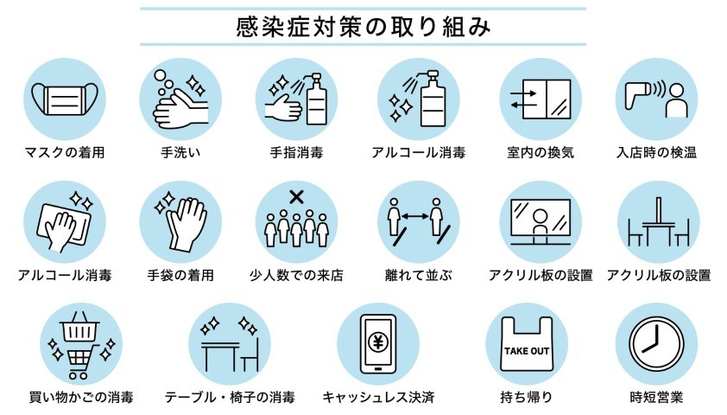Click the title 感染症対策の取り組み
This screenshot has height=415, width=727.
pyautogui.click(x=363, y=27)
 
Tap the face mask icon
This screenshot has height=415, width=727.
pyautogui.click(x=65, y=99)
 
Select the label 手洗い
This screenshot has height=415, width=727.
pyautogui.click(x=180, y=153)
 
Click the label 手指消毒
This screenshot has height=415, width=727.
pyautogui.click(x=296, y=153)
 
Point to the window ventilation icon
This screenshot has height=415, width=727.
pyautogui.click(x=541, y=99)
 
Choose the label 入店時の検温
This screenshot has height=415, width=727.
pyautogui.click(x=656, y=153)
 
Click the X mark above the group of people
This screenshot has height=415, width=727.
pyautogui.click(x=296, y=197)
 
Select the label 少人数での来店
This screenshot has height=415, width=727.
pyautogui.click(x=296, y=275)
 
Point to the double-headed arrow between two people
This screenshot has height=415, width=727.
pyautogui.click(x=415, y=216)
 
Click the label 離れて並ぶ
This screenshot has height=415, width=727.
pyautogui.click(x=419, y=275)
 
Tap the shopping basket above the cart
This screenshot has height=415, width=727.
pyautogui.click(x=80, y=327)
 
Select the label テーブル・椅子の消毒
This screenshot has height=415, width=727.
pyautogui.click(x=230, y=398)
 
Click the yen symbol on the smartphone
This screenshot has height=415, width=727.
pyautogui.click(x=378, y=343)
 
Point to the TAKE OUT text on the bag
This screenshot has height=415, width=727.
pyautogui.click(x=527, y=351)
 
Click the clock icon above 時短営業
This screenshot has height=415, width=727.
pyautogui.click(x=656, y=344)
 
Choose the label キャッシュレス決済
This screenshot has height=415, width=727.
pyautogui.click(x=378, y=398)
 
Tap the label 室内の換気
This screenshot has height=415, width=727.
pyautogui.click(x=541, y=153)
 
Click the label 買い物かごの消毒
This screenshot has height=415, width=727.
pyautogui.click(x=81, y=398)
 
